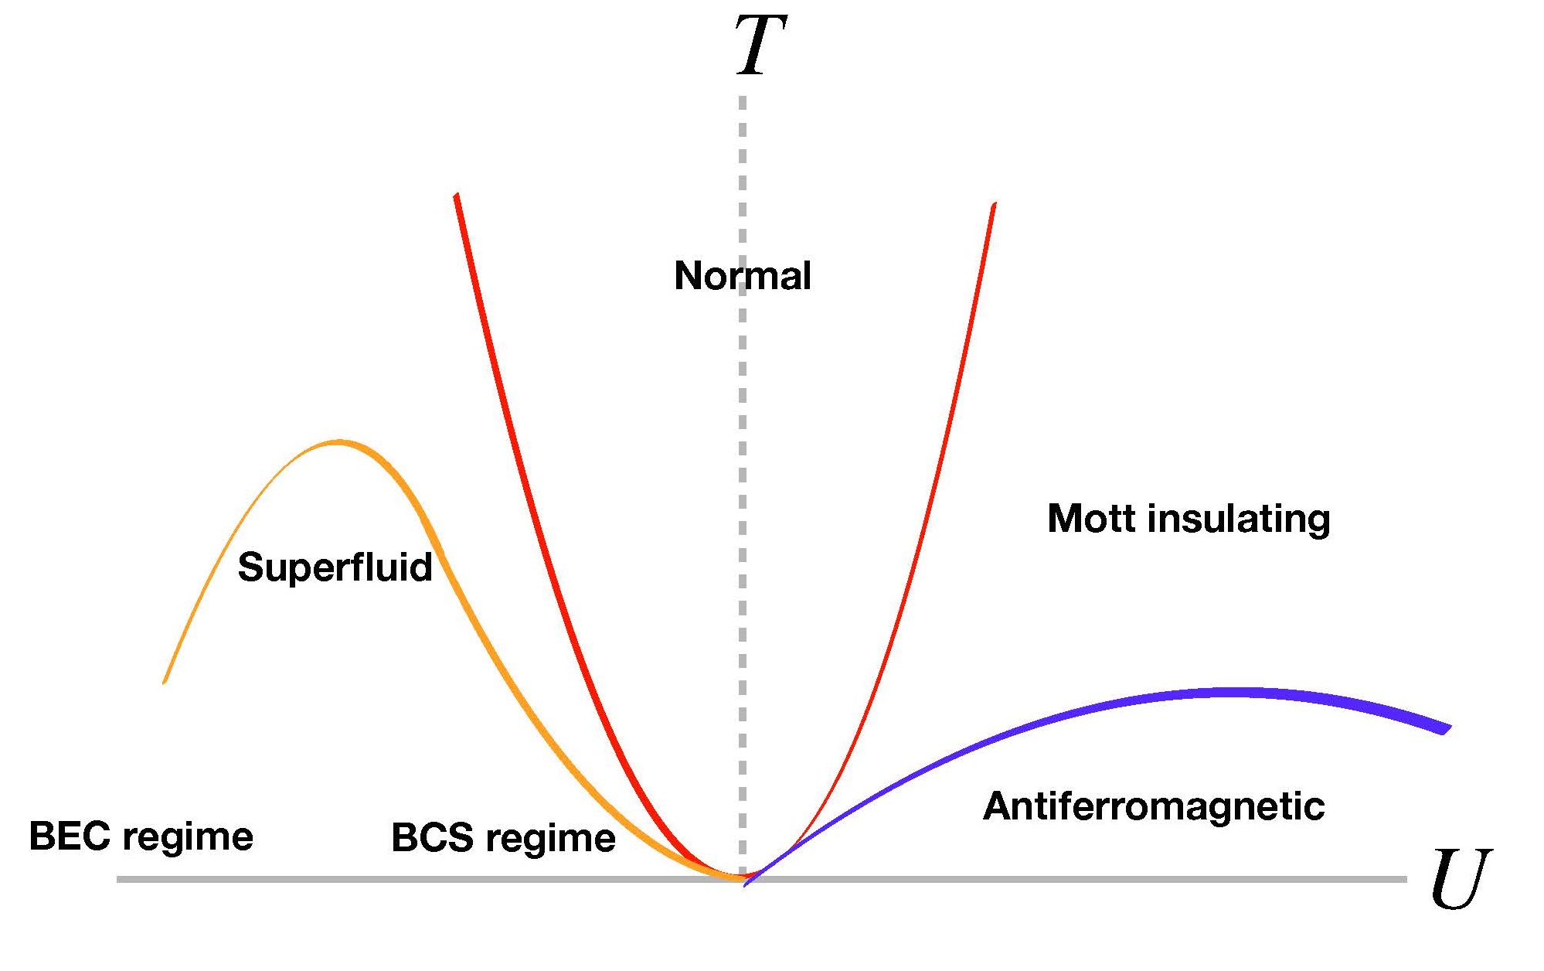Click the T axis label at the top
[761, 46]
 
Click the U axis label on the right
[1460, 879]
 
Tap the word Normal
[743, 276]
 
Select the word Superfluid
[335, 567]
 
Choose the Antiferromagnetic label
[1154, 806]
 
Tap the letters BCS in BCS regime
[432, 837]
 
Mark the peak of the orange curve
[338, 442]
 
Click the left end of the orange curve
[164, 683]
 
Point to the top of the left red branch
[457, 194]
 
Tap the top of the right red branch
[994, 203]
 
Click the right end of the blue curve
[1447, 730]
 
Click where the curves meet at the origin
[743, 878]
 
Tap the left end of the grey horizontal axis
[117, 879]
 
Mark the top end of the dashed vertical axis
[743, 98]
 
